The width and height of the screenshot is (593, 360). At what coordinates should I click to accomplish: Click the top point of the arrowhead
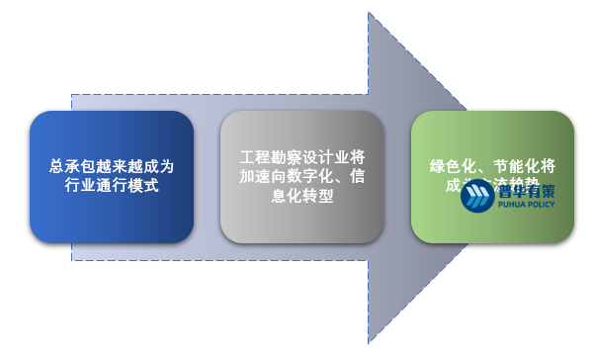369,13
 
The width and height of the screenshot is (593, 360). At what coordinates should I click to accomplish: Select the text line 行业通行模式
111,185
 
